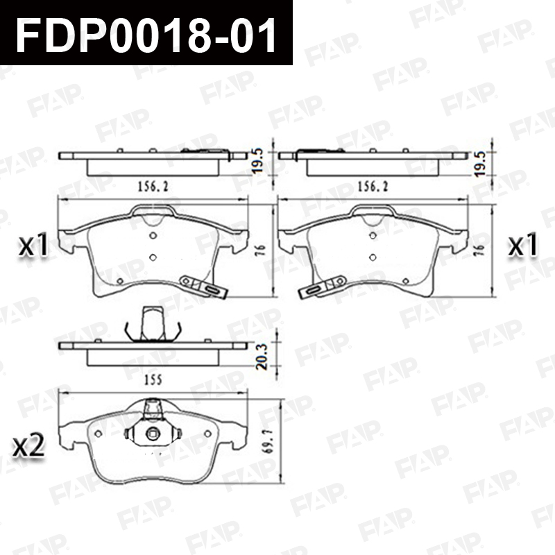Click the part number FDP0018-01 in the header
point(146,34)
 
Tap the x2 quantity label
point(28,445)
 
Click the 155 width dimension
point(153,379)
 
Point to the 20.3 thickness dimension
point(262,356)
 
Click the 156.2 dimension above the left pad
point(153,186)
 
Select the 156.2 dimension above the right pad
point(373,186)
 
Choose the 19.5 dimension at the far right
point(479,164)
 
